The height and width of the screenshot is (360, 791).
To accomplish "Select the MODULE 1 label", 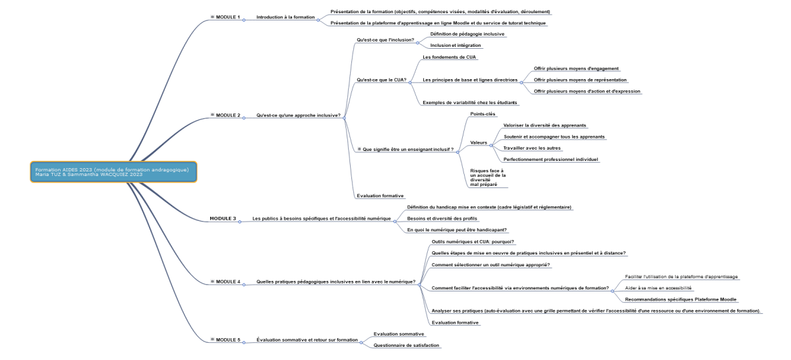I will [x=228, y=16].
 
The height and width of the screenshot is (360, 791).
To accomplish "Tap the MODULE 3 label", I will [x=223, y=218].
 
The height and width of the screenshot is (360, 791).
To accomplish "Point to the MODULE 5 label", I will [x=228, y=340].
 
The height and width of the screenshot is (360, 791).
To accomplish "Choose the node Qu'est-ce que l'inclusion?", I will [x=386, y=40].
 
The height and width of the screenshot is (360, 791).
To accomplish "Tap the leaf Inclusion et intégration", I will [x=455, y=45].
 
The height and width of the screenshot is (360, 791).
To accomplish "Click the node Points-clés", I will [x=483, y=114].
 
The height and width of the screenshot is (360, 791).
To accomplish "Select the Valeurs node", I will [x=479, y=142].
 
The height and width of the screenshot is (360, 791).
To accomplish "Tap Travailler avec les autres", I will [x=533, y=148].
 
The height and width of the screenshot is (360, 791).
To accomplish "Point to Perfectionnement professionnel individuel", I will [x=551, y=160].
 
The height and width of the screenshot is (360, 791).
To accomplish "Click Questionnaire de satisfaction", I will [x=406, y=345].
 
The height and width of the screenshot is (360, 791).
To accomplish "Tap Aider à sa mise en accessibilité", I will [x=659, y=287].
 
